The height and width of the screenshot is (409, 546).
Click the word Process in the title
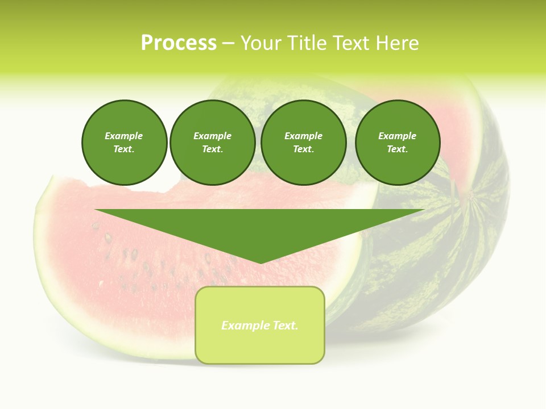179,43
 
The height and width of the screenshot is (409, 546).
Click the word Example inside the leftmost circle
124,136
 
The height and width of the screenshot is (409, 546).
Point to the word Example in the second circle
212,136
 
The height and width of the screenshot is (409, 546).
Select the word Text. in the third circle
304,149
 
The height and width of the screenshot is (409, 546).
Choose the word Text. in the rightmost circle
398,149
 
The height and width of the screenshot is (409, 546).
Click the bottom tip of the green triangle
260,262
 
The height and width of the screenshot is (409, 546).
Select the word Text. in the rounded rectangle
285,325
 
